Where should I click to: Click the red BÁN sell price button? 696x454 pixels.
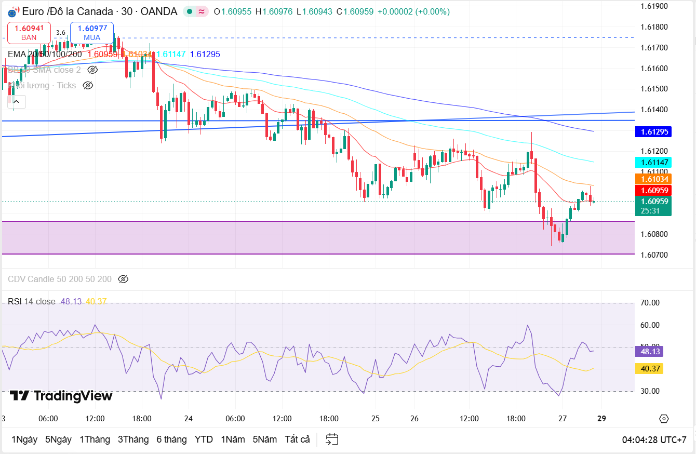tap(29, 33)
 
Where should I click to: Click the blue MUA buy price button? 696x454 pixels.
tap(92, 33)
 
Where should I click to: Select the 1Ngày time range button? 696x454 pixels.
tap(24, 439)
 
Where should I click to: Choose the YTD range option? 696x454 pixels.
tap(204, 439)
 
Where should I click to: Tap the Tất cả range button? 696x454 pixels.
tap(297, 439)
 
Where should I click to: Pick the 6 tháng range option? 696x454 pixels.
tap(171, 439)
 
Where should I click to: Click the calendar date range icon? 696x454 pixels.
tap(332, 439)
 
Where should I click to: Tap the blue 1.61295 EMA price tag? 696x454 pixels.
tap(653, 132)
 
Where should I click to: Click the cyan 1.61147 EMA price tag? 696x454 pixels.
tap(653, 162)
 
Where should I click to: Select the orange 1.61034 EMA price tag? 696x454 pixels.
tap(653, 179)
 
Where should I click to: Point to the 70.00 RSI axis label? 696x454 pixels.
tap(651, 303)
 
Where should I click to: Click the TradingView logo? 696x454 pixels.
tap(61, 396)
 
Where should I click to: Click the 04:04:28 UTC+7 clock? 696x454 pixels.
tap(654, 439)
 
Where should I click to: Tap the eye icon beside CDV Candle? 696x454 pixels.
tap(123, 279)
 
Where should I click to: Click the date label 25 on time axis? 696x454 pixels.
tap(376, 419)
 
